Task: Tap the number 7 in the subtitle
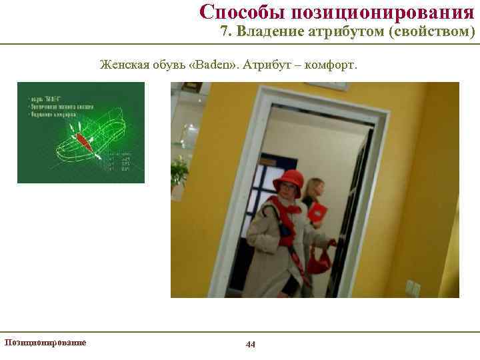click(x=225, y=32)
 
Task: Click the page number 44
click(x=251, y=344)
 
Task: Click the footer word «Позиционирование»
click(x=45, y=342)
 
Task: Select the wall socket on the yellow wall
click(x=413, y=288)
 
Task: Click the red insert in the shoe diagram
click(x=84, y=141)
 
